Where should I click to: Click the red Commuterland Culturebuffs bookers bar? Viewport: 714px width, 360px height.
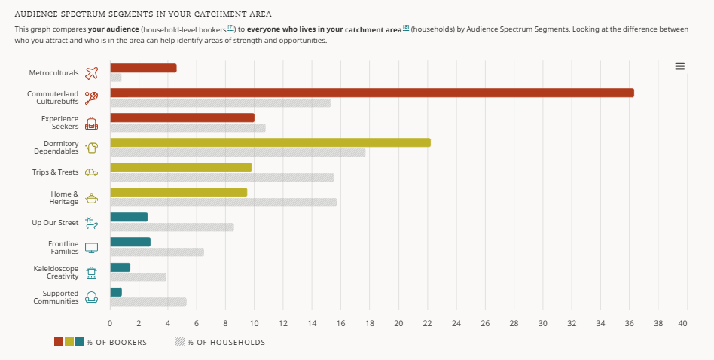click(372, 93)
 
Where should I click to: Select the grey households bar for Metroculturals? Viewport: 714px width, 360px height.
click(116, 78)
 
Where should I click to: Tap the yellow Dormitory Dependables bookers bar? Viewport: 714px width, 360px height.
click(270, 142)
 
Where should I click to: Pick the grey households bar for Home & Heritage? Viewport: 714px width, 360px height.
click(223, 202)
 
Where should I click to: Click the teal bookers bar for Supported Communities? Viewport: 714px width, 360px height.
click(116, 292)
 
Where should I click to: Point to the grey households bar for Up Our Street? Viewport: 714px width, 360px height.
click(172, 227)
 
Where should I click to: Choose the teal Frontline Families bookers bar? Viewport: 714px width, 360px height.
click(130, 242)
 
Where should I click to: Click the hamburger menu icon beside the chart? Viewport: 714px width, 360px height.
click(680, 66)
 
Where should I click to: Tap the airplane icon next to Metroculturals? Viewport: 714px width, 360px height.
click(92, 73)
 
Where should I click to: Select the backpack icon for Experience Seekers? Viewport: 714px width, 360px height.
click(92, 124)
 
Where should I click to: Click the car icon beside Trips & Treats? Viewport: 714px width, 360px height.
click(92, 172)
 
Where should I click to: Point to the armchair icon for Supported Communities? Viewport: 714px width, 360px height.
click(92, 297)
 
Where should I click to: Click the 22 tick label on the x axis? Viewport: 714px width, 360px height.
click(428, 324)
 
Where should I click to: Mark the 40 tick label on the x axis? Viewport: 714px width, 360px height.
click(682, 324)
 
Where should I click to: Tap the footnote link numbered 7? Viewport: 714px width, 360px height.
click(231, 28)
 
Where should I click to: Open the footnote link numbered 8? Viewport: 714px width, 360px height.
click(406, 28)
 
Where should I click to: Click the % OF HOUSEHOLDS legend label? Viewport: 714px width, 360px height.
click(226, 342)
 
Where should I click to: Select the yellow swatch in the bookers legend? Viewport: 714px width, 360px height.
click(69, 342)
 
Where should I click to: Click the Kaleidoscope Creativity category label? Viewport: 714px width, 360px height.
click(56, 273)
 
